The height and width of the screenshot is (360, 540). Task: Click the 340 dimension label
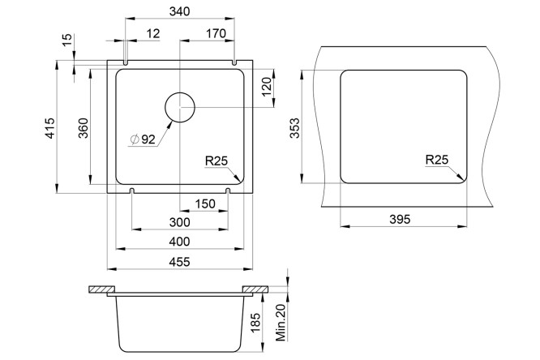[179, 11]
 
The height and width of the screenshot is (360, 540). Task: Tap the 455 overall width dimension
[179, 262]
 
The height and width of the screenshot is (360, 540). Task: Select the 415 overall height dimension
[50, 128]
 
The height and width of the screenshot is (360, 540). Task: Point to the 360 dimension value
[84, 128]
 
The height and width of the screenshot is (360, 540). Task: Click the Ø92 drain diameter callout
[143, 139]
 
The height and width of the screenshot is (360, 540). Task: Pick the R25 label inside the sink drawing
[216, 161]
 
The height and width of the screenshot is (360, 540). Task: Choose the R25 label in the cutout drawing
[437, 160]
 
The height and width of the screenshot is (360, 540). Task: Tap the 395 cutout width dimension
[400, 219]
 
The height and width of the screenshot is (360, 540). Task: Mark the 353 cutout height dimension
[295, 128]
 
